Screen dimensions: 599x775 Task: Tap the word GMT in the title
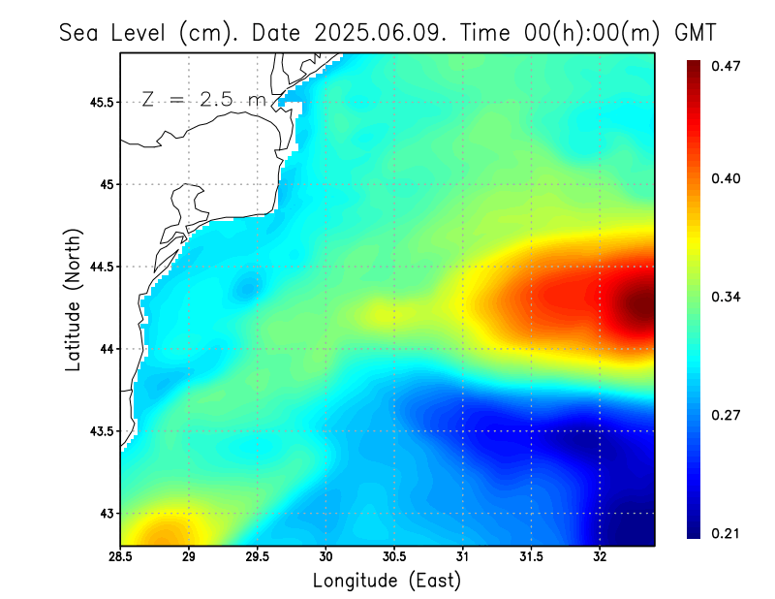point(695,32)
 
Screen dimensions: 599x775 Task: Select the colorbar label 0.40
point(728,178)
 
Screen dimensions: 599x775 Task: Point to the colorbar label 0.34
point(728,297)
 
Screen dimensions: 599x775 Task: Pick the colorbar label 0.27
point(728,415)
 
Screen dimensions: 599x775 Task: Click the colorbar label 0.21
point(728,533)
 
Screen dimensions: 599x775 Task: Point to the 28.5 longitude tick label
point(121,557)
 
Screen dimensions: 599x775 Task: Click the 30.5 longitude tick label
point(394,557)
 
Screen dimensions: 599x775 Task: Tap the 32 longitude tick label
point(600,557)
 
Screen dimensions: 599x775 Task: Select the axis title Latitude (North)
point(74,299)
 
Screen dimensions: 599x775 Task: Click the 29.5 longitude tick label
point(258,557)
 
